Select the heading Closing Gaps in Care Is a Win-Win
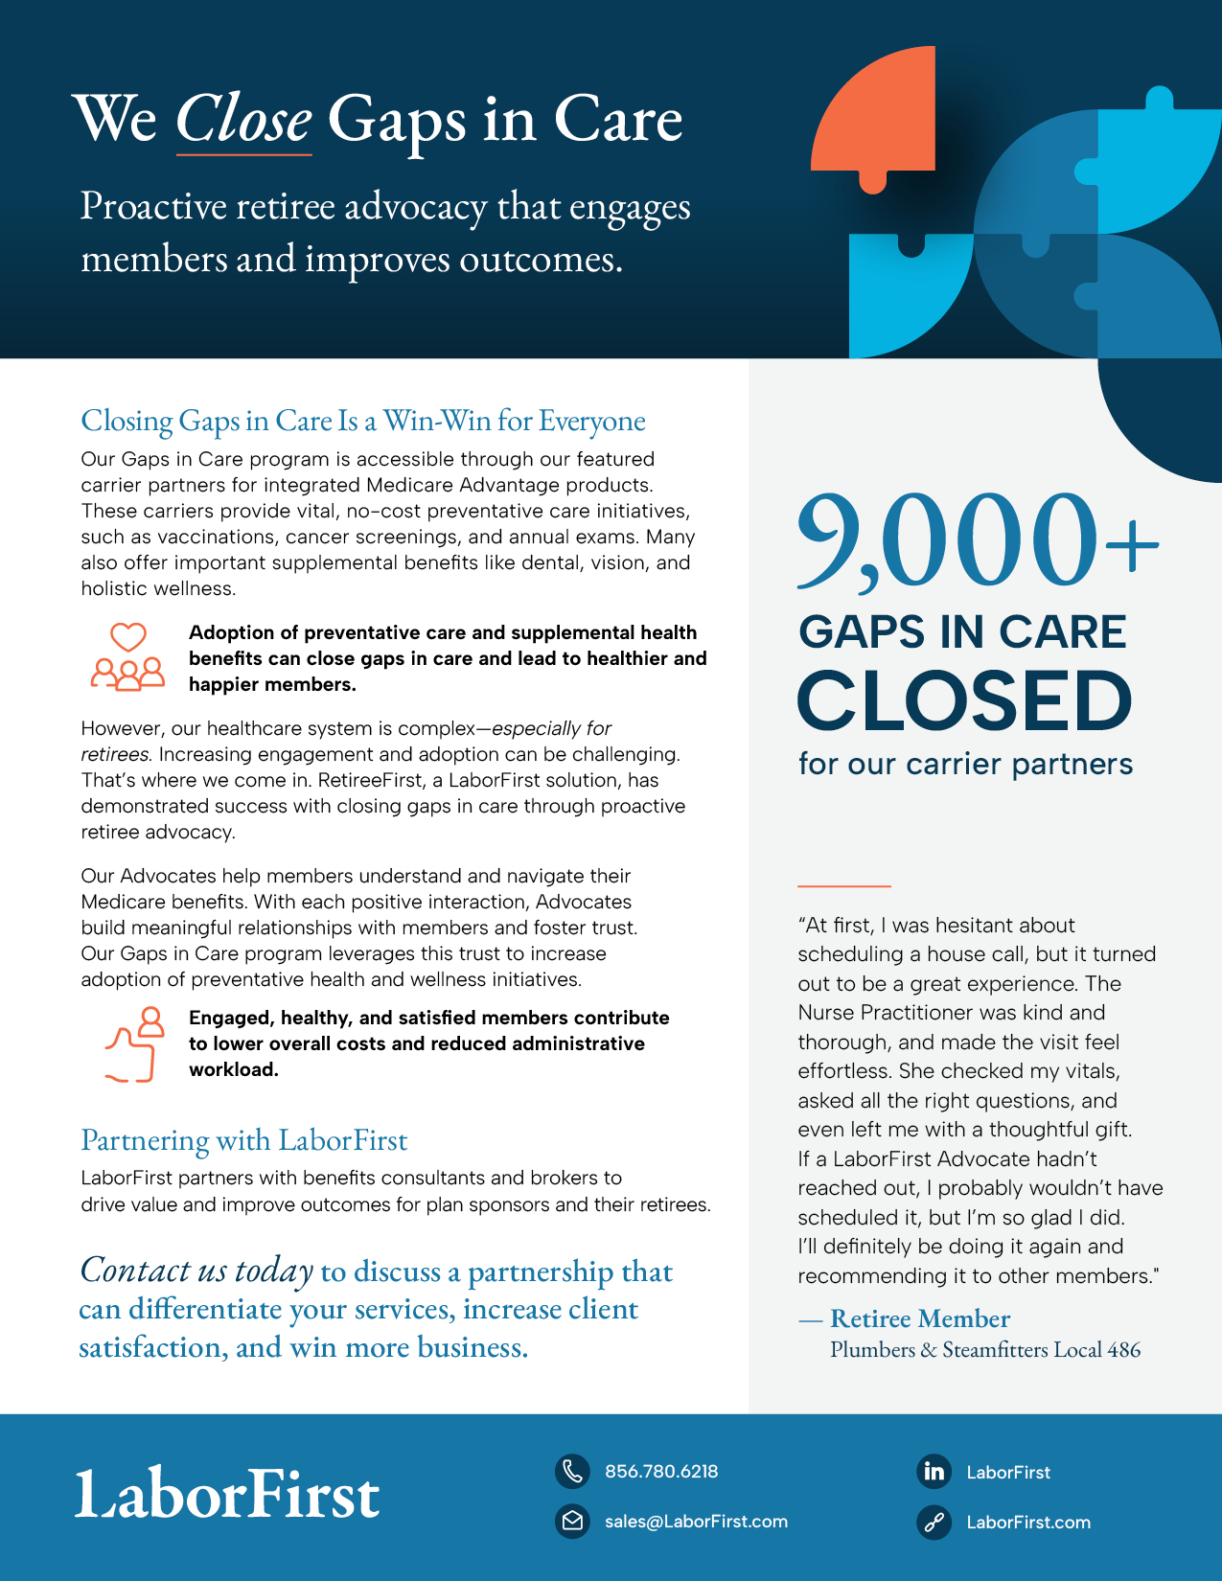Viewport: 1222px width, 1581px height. (x=363, y=421)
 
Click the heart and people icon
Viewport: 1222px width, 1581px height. (x=127, y=657)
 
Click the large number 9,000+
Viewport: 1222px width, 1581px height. (x=976, y=542)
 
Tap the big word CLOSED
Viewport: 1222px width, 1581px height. (x=964, y=701)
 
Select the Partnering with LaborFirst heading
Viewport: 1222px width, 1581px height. (x=244, y=1140)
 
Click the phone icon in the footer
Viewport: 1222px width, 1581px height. (x=572, y=1471)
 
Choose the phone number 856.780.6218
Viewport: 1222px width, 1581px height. (x=661, y=1472)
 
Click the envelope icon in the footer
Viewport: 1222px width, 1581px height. (x=572, y=1521)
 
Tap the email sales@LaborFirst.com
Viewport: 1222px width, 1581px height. (x=696, y=1522)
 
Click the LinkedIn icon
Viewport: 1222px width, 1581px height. (x=934, y=1472)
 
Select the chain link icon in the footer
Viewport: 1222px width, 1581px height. (x=934, y=1522)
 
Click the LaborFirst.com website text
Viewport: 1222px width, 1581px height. (x=1028, y=1523)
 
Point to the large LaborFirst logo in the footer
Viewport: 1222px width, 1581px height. (x=228, y=1495)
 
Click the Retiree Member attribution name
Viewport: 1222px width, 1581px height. (x=920, y=1319)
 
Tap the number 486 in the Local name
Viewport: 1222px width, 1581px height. (x=1123, y=1350)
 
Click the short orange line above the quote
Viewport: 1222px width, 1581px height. (x=843, y=885)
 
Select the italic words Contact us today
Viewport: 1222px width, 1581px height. (x=196, y=1271)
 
